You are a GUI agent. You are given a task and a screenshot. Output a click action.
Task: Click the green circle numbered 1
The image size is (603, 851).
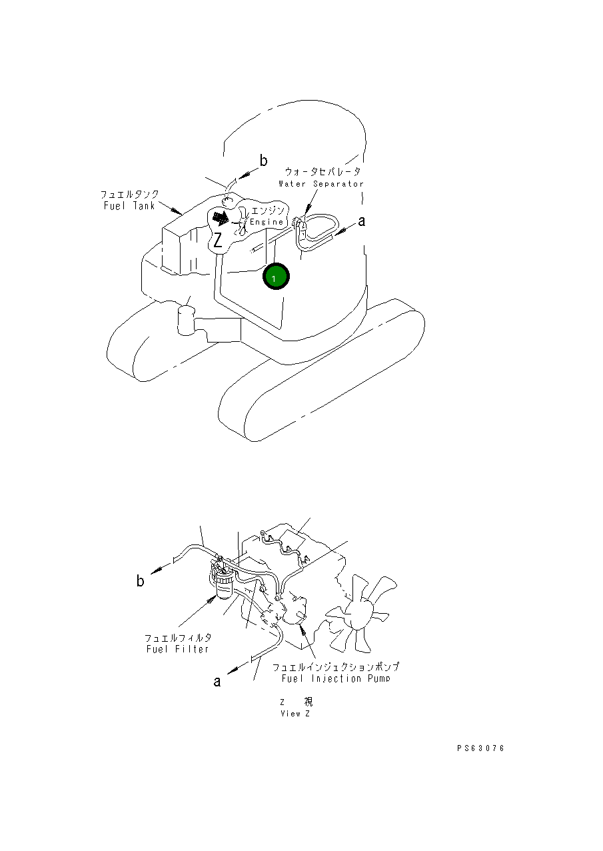(x=275, y=277)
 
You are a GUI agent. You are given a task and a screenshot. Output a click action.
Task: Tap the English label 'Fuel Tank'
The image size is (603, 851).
(x=129, y=206)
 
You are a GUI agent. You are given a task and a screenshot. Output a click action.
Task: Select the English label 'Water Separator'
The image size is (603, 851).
(x=321, y=183)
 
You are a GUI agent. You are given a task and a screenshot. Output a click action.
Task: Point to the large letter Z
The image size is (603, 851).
(x=217, y=240)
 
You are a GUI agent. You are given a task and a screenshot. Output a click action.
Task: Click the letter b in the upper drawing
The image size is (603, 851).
(x=264, y=161)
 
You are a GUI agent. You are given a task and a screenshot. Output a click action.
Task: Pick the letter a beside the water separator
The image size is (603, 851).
(x=361, y=221)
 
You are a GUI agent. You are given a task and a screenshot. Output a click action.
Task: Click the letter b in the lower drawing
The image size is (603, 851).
(x=140, y=581)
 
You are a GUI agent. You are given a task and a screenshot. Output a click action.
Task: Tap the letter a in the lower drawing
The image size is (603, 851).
(x=217, y=680)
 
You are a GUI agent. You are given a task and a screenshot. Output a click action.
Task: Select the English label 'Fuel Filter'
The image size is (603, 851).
(x=177, y=649)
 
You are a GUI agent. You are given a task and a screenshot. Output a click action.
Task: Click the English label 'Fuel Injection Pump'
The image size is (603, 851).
(x=335, y=678)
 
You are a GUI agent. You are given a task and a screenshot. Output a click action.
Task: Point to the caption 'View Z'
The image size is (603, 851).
(x=295, y=714)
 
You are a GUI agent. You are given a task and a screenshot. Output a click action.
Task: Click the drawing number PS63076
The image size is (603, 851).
(x=480, y=748)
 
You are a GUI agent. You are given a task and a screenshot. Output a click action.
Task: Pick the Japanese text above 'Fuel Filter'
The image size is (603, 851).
(x=178, y=638)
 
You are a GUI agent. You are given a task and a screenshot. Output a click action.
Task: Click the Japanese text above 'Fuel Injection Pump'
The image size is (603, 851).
(x=335, y=666)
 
